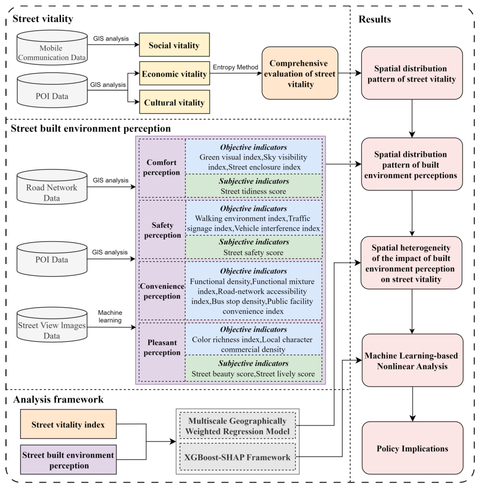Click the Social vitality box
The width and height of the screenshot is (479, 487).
click(174, 45)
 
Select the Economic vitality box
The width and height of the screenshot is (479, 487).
click(174, 73)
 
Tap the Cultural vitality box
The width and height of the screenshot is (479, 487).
click(174, 102)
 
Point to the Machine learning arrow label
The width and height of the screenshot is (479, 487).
click(110, 316)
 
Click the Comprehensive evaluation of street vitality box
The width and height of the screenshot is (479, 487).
click(300, 73)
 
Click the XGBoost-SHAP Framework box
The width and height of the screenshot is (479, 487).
click(237, 457)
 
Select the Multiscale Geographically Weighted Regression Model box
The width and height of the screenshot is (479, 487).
click(237, 426)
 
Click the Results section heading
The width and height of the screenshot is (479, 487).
click(374, 19)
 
